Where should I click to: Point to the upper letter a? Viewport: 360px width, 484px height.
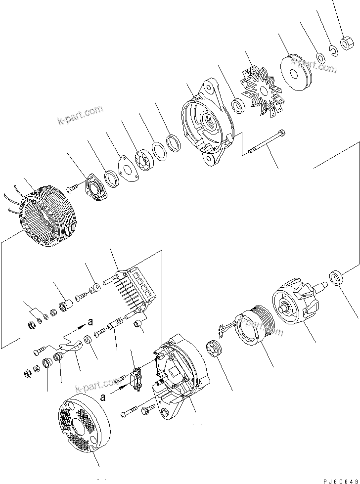[90, 322]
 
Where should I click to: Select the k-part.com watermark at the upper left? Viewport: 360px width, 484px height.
[80, 115]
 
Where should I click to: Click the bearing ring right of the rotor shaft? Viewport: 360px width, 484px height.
[337, 278]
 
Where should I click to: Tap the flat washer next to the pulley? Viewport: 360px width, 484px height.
[321, 58]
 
